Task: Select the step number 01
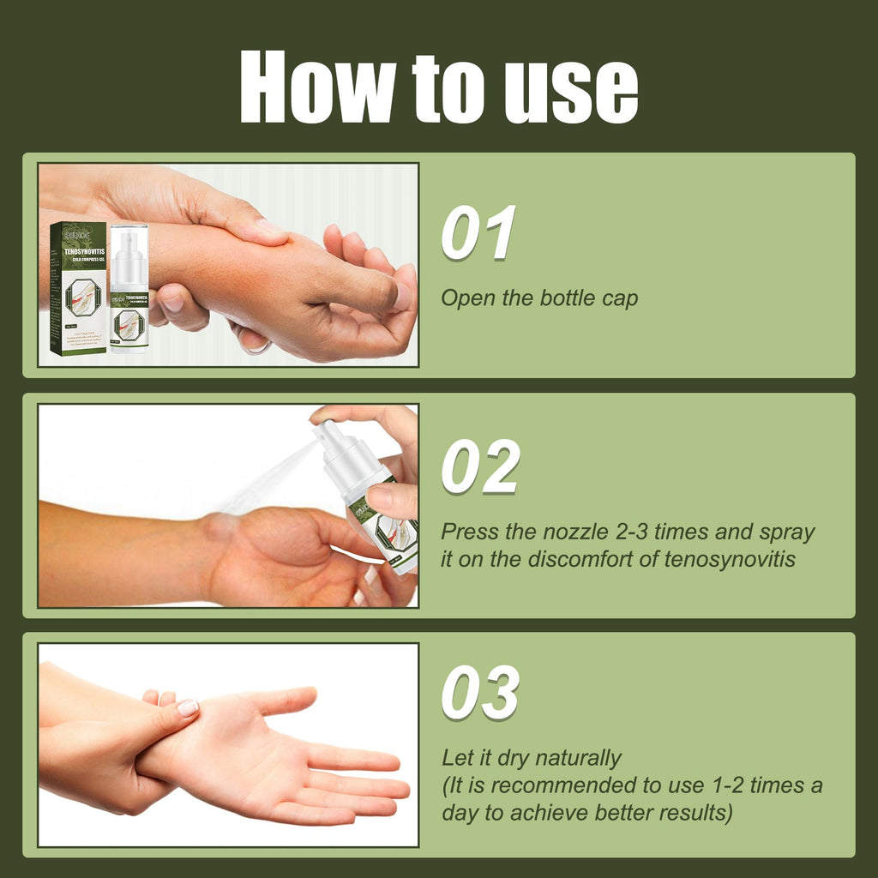point(478,232)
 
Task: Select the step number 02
point(480,467)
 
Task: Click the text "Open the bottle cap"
point(539,299)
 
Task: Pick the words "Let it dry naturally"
point(531,758)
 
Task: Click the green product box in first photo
point(77,288)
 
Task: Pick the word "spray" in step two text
point(786,532)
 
